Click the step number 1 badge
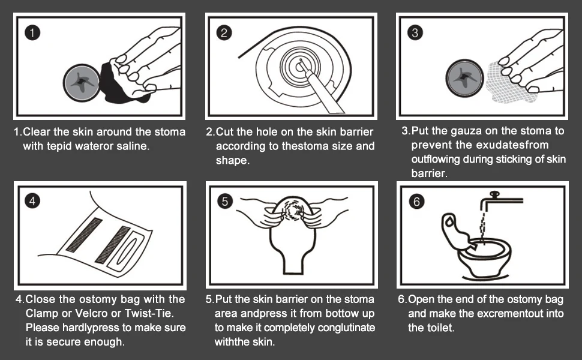[x=32, y=32]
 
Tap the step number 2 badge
[x=224, y=32]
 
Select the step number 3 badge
[x=415, y=32]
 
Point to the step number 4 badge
[x=32, y=201]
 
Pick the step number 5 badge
[x=225, y=201]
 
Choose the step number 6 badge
[x=416, y=201]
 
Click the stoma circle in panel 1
[x=81, y=82]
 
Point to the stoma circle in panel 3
[x=464, y=79]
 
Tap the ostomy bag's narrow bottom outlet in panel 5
[x=293, y=264]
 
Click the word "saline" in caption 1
[x=132, y=146]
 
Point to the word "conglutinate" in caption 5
[x=346, y=328]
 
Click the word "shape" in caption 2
[x=231, y=161]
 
